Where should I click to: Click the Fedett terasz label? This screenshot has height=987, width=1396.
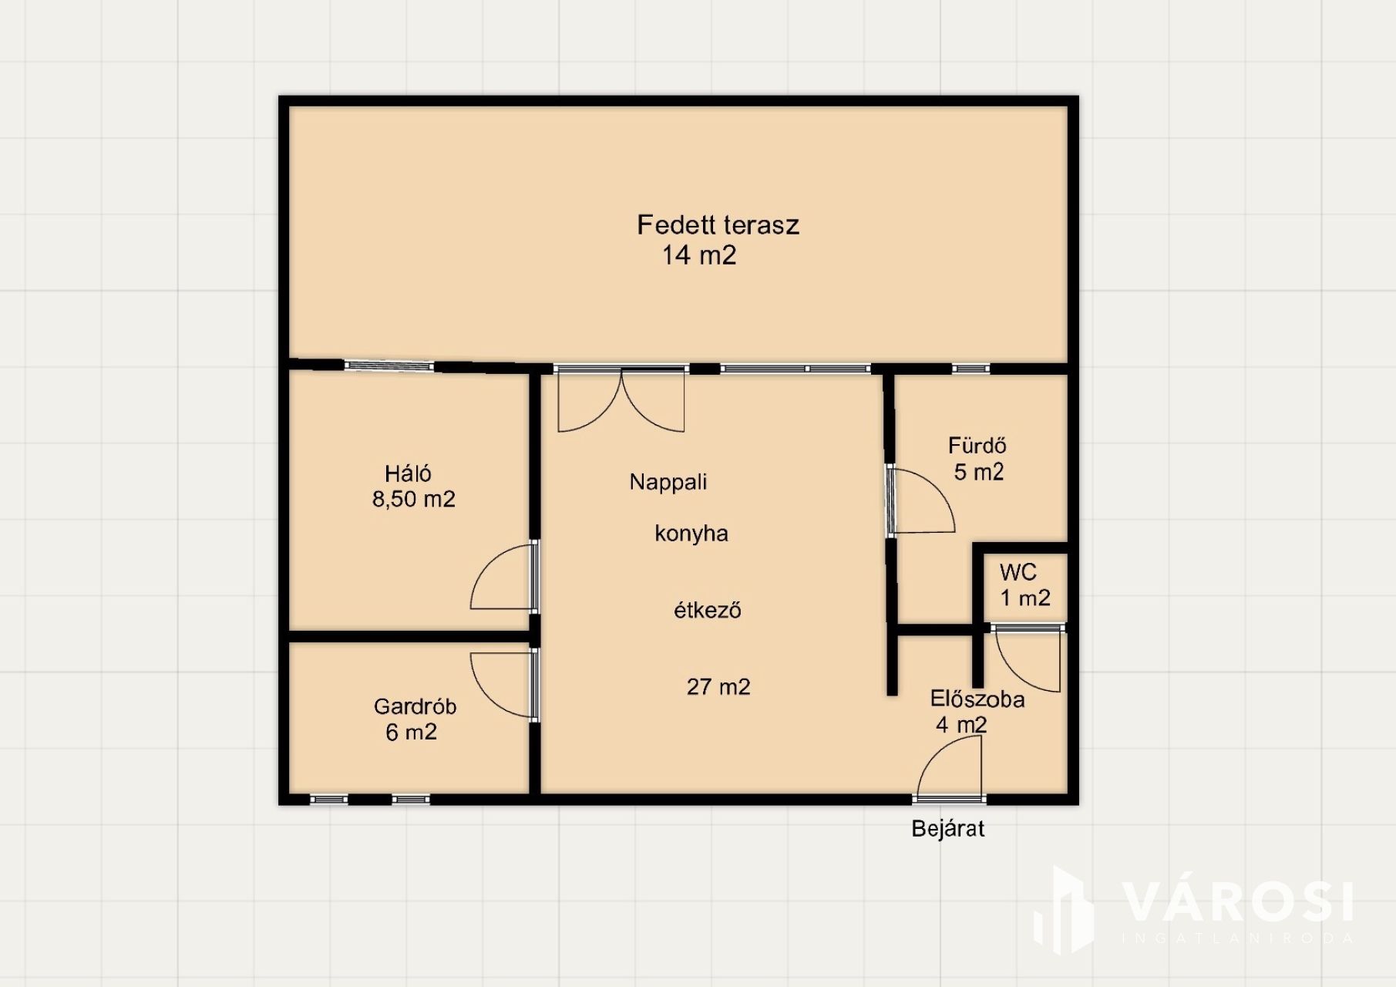tap(718, 225)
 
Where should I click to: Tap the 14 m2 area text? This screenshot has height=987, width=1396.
tap(699, 255)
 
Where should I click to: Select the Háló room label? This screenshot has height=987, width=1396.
tap(408, 473)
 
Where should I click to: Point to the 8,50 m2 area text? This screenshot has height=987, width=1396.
tap(414, 499)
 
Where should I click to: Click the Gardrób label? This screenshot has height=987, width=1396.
tap(415, 706)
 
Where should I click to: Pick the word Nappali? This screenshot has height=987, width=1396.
tap(668, 482)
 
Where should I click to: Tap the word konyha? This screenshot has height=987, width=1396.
tap(691, 533)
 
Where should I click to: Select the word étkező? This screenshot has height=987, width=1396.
tap(708, 610)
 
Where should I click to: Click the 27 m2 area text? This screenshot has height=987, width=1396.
tap(718, 686)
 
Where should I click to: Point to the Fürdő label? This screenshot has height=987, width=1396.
tap(977, 445)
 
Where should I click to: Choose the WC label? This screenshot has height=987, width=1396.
tap(1018, 572)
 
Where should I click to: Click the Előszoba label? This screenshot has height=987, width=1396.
tap(977, 699)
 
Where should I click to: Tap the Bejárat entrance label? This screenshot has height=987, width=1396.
tap(948, 829)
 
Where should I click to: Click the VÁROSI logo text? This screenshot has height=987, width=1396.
tap(1236, 901)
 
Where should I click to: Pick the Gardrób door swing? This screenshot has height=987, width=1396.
tap(503, 686)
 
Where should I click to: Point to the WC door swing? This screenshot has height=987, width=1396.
tap(1028, 662)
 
